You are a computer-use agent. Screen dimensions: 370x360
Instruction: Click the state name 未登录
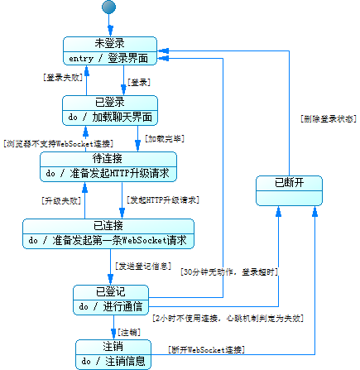(x=109, y=43)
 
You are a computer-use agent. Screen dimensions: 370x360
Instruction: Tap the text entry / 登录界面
(x=109, y=57)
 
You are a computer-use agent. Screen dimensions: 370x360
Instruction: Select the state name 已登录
(x=109, y=102)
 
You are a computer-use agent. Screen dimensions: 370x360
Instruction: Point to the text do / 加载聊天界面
(x=109, y=116)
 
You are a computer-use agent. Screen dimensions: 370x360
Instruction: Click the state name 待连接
(x=108, y=158)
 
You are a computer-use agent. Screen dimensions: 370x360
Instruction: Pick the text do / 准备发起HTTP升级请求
(x=108, y=172)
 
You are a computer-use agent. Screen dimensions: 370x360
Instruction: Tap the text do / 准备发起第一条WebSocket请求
(x=108, y=240)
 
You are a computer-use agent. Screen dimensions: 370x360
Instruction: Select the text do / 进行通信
(x=111, y=306)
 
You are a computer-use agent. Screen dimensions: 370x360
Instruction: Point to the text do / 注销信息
(x=114, y=361)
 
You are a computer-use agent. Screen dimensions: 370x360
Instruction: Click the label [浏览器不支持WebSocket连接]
(x=47, y=142)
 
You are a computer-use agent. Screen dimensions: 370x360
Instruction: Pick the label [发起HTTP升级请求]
(x=162, y=200)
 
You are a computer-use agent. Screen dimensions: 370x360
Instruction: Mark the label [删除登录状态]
(x=327, y=119)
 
